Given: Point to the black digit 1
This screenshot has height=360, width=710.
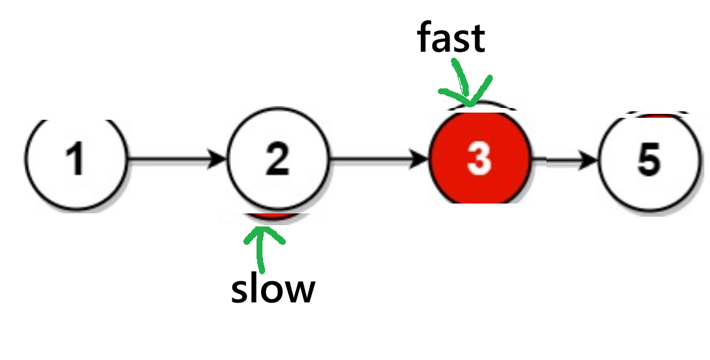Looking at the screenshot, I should pos(77,159).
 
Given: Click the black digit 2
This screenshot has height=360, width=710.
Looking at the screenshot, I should pos(277,159).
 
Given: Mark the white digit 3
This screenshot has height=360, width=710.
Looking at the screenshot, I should pos(479,159).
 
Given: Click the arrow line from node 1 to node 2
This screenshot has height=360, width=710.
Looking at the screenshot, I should pos(170,159).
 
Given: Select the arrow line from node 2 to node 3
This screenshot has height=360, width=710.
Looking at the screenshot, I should pos(373,159).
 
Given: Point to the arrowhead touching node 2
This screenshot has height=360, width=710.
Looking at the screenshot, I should pos(217,159).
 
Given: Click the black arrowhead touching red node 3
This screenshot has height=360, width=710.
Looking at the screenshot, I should pos(420,159).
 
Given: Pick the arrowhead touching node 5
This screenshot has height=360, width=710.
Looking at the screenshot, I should pos(590,159).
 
